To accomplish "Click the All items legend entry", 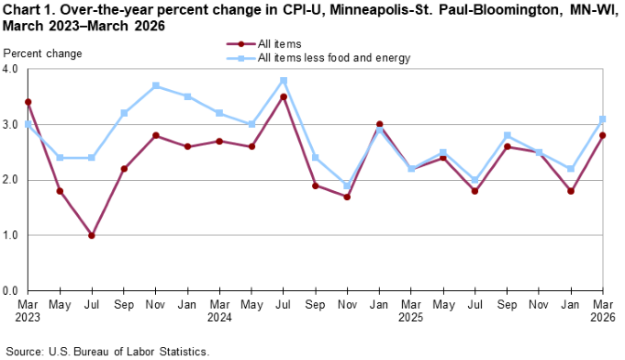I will pyautogui.click(x=282, y=43).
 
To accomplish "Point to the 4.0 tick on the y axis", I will pyautogui.click(x=14, y=69).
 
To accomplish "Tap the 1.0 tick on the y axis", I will pyautogui.click(x=14, y=235).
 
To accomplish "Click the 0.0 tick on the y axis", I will pyautogui.click(x=14, y=290).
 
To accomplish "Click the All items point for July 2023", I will pyautogui.click(x=91, y=235).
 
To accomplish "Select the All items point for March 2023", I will pyautogui.click(x=28, y=102).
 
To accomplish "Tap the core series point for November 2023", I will pyautogui.click(x=156, y=85).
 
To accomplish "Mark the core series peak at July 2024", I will pyautogui.click(x=284, y=80).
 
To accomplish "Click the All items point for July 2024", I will pyautogui.click(x=284, y=96).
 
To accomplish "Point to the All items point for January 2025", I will pyautogui.click(x=379, y=124).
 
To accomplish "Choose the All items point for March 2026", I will pyautogui.click(x=602, y=135).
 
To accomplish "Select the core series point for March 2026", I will pyautogui.click(x=602, y=118).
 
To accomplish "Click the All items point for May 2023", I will pyautogui.click(x=60, y=191).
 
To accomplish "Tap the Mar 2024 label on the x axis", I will pyautogui.click(x=219, y=309).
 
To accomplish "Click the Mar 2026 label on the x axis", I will pyautogui.click(x=601, y=309).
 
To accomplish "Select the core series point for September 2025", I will pyautogui.click(x=507, y=135).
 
